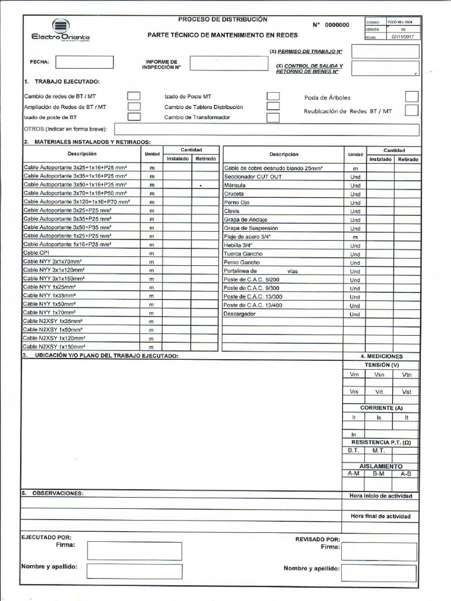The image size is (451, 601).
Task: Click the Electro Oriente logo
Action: [60, 31]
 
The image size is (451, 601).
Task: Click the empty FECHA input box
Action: [85, 62]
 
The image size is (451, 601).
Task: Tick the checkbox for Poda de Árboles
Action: [412, 97]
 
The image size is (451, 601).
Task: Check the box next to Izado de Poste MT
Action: [273, 96]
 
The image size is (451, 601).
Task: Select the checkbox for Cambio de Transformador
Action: [272, 117]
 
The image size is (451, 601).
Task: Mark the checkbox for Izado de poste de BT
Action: [134, 117]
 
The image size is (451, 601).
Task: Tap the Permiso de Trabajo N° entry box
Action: [385, 52]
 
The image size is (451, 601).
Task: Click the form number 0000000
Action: [337, 25]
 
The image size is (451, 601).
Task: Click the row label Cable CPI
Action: [36, 252]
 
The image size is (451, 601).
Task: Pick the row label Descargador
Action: [240, 314]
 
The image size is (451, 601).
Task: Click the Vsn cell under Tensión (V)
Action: [380, 374]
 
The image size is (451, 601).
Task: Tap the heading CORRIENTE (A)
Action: [381, 407]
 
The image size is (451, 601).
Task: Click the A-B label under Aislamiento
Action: [406, 474]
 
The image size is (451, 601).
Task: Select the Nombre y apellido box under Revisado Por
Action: [379, 572]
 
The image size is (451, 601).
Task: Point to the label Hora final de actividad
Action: [380, 516]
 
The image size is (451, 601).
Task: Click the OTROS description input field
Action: [266, 130]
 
